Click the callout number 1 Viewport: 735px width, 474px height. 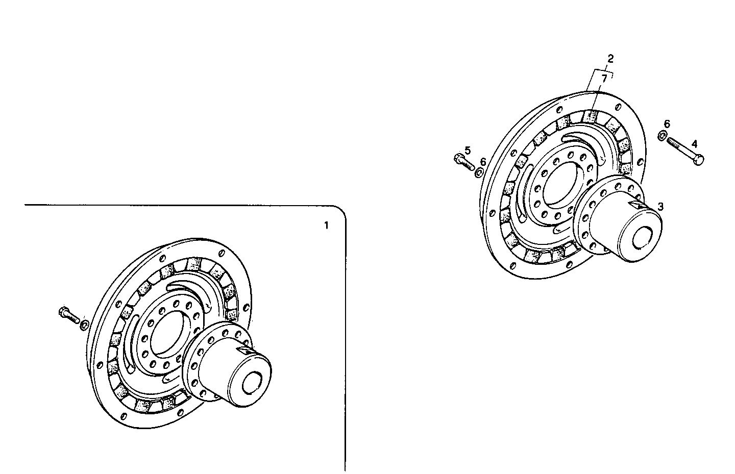tap(326, 225)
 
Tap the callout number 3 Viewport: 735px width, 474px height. tap(660, 207)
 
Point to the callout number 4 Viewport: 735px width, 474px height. tap(694, 143)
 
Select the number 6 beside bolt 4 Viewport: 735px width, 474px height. tap(667, 124)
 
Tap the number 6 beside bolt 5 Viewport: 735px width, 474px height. tap(483, 162)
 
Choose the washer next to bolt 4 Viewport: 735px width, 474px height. tap(662, 136)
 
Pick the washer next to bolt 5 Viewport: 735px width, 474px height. tap(479, 173)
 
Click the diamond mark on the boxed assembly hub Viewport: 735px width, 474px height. tap(245, 351)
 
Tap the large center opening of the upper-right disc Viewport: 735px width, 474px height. tap(558, 185)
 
